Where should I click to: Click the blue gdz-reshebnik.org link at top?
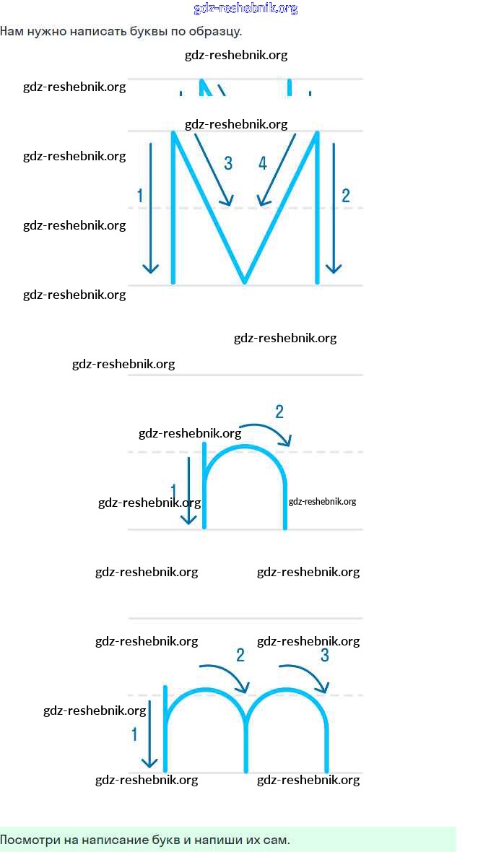tap(245, 9)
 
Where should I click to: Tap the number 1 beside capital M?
tap(139, 195)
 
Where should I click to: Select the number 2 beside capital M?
tap(346, 195)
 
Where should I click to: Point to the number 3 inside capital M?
tap(228, 163)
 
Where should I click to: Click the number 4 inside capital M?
tap(263, 163)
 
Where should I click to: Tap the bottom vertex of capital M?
tap(245, 281)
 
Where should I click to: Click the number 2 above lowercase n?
tap(279, 412)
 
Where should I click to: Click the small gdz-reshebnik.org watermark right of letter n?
tap(322, 502)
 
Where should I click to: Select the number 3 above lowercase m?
tap(325, 655)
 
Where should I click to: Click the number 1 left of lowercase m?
tap(134, 734)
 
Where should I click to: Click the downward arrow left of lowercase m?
tap(149, 733)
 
